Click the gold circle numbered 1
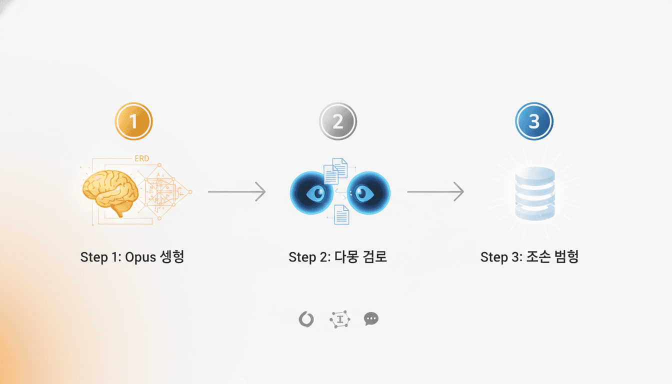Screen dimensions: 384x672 tap(133, 121)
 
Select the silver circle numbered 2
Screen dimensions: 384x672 tap(338, 121)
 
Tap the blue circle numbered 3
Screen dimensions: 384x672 tap(534, 121)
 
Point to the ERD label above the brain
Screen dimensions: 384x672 tap(141, 159)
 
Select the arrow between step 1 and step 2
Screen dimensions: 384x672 tap(236, 191)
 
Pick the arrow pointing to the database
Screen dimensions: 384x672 tap(435, 191)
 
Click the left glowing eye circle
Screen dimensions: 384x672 tap(311, 193)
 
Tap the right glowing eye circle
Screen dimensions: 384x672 tap(369, 193)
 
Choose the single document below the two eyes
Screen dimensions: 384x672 tap(341, 214)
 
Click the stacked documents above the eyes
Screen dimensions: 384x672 tap(335, 170)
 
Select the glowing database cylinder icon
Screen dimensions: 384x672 tap(534, 193)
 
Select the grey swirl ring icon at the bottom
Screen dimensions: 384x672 tap(306, 319)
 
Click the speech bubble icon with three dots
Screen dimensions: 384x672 tap(371, 319)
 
